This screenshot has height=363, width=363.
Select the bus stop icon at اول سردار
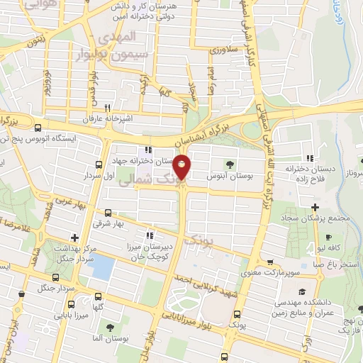(x=98, y=164)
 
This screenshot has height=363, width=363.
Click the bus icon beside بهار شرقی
(x=108, y=213)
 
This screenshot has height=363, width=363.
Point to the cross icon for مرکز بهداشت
(x=74, y=237)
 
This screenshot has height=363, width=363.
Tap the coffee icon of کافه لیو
(x=328, y=238)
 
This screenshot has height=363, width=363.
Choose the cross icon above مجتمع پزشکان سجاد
(x=315, y=206)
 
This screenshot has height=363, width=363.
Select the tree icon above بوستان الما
(x=110, y=327)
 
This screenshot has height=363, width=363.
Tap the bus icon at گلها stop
(x=98, y=297)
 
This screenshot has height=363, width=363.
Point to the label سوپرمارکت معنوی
(x=268, y=272)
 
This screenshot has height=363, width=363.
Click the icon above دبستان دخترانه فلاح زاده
(x=309, y=159)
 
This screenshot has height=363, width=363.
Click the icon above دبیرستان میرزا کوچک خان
(x=149, y=236)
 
